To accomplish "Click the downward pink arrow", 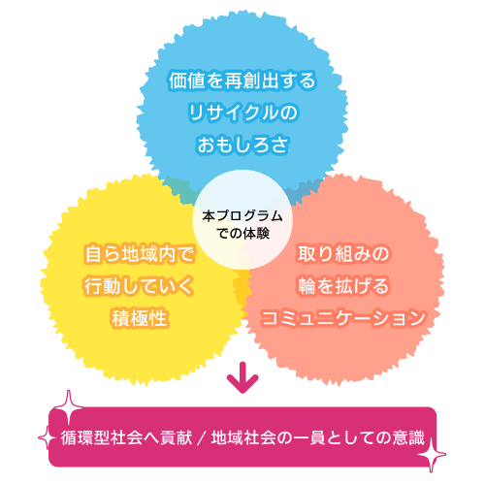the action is click(242, 378).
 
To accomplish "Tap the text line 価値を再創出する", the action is click(242, 81).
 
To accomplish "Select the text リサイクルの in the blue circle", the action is click(242, 113).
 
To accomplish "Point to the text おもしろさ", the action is click(242, 145).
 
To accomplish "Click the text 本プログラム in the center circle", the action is click(242, 216).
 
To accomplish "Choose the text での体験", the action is click(243, 233).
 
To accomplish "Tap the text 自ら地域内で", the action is click(140, 254).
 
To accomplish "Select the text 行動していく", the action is click(140, 286).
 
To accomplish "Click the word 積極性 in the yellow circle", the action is click(140, 318).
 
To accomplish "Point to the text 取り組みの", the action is click(343, 254).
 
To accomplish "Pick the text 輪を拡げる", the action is click(343, 286).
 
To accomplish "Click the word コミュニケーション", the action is click(343, 318).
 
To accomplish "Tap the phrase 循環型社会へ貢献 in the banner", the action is click(126, 438).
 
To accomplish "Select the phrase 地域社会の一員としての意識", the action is click(318, 438).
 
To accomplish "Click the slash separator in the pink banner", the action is click(202, 438).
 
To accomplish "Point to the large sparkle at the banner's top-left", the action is click(68, 407).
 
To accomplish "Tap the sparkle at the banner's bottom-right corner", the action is click(432, 454).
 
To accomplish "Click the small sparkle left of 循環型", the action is click(48, 438).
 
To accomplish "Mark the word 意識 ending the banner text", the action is click(408, 438).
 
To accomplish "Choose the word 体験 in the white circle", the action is click(256, 233).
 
